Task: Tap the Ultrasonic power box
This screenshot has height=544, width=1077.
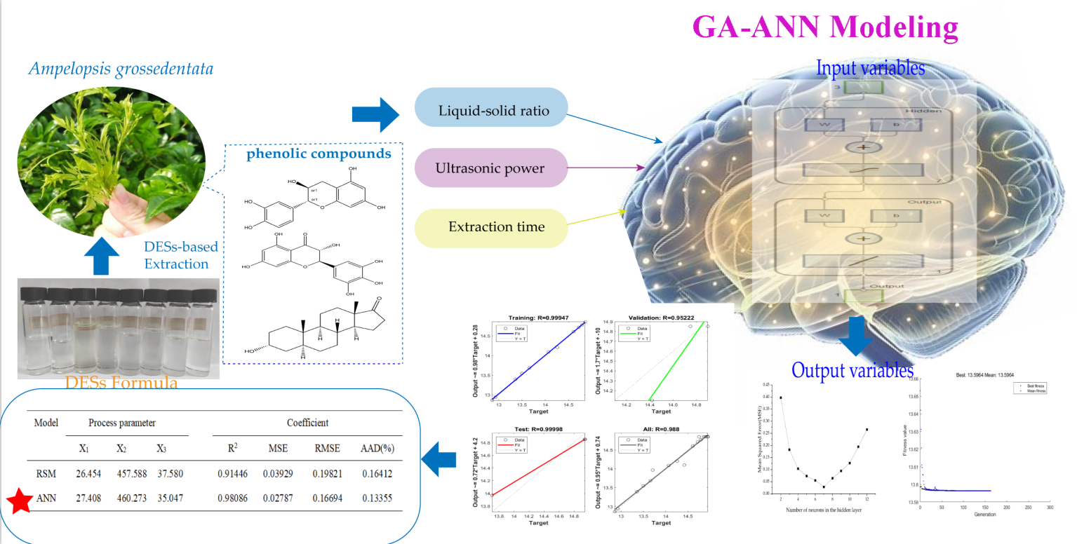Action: [x=490, y=168]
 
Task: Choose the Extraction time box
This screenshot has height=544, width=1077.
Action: [x=490, y=227]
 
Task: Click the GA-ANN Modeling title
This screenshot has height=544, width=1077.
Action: [x=824, y=27]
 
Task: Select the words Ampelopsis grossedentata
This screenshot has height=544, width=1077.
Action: [x=121, y=69]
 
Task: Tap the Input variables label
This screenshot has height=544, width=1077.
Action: [x=871, y=69]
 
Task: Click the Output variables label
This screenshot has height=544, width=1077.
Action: [x=852, y=369]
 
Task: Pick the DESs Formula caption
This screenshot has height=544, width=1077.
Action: [x=121, y=383]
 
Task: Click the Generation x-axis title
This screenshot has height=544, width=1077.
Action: [x=984, y=514]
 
